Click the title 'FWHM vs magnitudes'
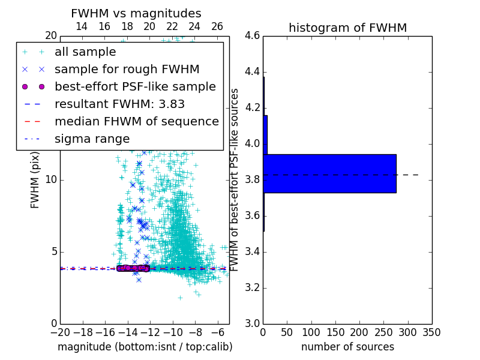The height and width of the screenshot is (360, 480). [136, 13]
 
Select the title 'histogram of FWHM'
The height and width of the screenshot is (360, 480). [347, 28]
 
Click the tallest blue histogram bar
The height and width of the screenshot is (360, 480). [329, 173]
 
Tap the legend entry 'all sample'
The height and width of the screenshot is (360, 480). [85, 52]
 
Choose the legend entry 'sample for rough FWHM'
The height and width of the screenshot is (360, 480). [127, 69]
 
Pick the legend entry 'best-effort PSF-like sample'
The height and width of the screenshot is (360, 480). [135, 86]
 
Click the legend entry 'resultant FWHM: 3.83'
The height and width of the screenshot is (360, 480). [119, 104]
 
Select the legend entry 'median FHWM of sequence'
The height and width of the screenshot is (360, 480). [136, 121]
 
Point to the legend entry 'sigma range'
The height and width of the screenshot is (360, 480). [92, 139]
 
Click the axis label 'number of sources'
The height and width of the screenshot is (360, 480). [347, 347]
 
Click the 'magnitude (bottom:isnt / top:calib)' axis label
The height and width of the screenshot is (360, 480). [145, 347]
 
